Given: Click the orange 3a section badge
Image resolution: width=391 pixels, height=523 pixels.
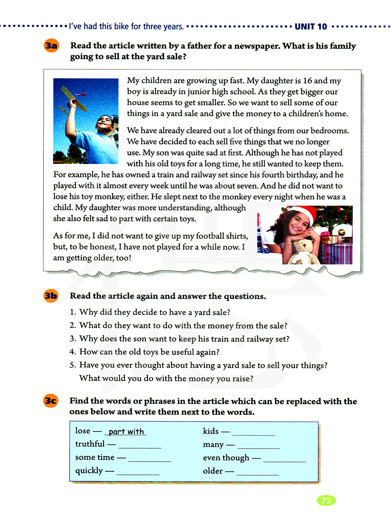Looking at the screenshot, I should (x=51, y=46).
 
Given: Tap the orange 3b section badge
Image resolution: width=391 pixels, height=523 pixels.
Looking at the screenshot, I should (x=51, y=296).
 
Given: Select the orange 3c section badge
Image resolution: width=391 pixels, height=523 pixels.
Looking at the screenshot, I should (x=51, y=401).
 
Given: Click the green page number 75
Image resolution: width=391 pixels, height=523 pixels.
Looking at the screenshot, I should (x=326, y=500).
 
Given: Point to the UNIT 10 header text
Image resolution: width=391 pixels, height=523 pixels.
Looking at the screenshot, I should (x=310, y=27).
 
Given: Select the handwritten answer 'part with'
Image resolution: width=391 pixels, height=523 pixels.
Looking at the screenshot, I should (x=126, y=431).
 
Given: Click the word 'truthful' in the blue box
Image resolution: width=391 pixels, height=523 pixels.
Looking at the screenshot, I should (x=90, y=444).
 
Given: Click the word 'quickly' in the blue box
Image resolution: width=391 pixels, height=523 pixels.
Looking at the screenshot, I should (x=89, y=471).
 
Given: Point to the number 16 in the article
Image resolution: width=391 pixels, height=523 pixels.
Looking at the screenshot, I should (x=308, y=81).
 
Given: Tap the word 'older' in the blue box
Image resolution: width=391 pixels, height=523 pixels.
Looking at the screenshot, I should (x=213, y=471).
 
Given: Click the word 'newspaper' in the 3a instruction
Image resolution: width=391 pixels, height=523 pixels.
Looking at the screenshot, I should (x=257, y=46).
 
